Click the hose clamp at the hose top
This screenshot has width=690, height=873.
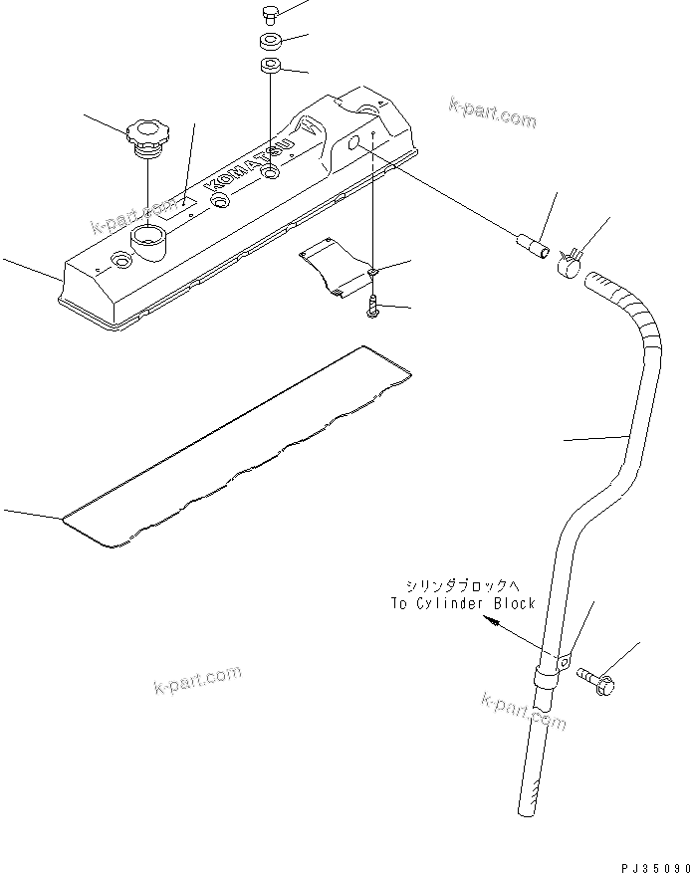pos(570,263)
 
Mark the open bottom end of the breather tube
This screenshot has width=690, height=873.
pos(526,811)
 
